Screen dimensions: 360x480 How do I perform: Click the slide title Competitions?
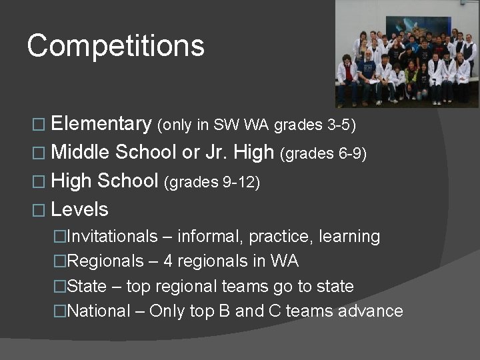pyautogui.click(x=115, y=46)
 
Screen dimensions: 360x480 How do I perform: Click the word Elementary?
pyautogui.click(x=101, y=123)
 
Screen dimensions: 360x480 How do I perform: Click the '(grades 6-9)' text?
pyautogui.click(x=323, y=154)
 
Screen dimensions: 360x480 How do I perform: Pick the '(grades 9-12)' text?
pyautogui.click(x=211, y=182)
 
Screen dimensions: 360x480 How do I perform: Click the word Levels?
pyautogui.click(x=79, y=209)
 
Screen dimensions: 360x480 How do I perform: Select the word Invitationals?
pyautogui.click(x=113, y=237)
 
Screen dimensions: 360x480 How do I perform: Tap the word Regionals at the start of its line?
pyautogui.click(x=105, y=261)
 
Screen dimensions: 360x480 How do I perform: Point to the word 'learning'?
pyautogui.click(x=349, y=237)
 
